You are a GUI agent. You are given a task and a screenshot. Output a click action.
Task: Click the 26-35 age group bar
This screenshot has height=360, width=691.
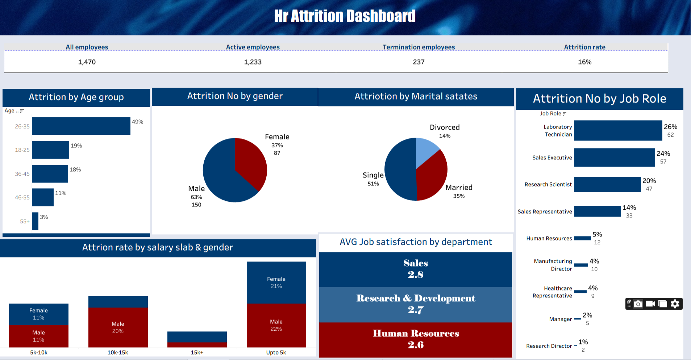tap(81, 126)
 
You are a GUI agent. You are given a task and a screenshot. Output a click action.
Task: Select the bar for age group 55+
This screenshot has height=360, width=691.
tap(35, 221)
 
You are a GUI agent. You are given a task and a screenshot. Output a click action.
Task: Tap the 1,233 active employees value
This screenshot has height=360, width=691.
tap(253, 62)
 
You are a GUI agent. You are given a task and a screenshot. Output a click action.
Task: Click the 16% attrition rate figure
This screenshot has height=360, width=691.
tap(584, 62)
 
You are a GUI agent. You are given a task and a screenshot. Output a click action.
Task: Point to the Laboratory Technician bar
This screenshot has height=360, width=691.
tap(618, 130)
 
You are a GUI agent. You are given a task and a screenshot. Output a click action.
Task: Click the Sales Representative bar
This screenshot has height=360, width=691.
tap(597, 211)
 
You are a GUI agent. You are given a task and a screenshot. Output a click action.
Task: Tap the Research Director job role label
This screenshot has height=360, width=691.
tap(549, 346)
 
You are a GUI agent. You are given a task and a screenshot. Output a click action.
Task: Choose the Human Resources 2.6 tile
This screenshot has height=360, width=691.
tap(416, 339)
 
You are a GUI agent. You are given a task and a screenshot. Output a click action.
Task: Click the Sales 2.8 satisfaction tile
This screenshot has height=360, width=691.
tap(416, 269)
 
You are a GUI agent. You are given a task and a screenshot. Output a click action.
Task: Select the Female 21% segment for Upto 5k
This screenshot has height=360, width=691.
tap(276, 282)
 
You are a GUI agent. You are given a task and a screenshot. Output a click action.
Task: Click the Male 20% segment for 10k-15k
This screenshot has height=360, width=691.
tap(118, 327)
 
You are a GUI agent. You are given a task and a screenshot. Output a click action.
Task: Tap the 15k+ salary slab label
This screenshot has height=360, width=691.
tap(197, 352)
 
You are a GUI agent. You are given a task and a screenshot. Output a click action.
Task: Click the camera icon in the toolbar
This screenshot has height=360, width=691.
tap(638, 304)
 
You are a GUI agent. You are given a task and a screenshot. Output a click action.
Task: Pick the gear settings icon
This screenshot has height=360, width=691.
tap(675, 304)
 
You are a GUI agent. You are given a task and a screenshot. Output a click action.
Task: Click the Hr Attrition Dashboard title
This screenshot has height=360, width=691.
tap(345, 16)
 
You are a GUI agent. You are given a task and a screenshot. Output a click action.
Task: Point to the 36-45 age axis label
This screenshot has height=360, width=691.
tap(22, 174)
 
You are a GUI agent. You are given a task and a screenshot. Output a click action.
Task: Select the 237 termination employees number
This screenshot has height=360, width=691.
tap(419, 62)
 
